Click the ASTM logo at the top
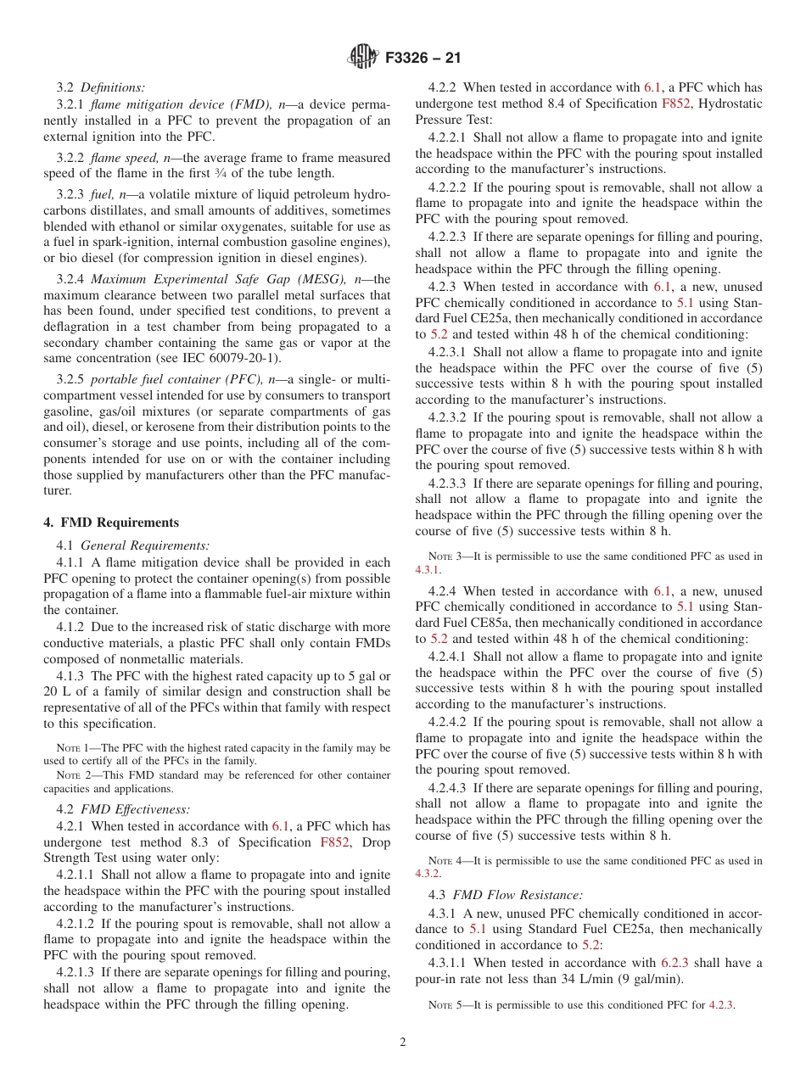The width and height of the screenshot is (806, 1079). tap(363, 58)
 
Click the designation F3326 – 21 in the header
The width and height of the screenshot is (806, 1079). tap(423, 59)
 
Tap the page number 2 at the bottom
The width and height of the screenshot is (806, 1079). tap(403, 1043)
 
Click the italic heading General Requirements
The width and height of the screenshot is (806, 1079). tap(145, 545)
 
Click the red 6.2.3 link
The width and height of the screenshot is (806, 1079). tap(677, 963)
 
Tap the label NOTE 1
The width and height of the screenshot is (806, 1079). tap(68, 748)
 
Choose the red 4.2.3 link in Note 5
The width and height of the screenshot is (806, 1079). tap(721, 1005)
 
